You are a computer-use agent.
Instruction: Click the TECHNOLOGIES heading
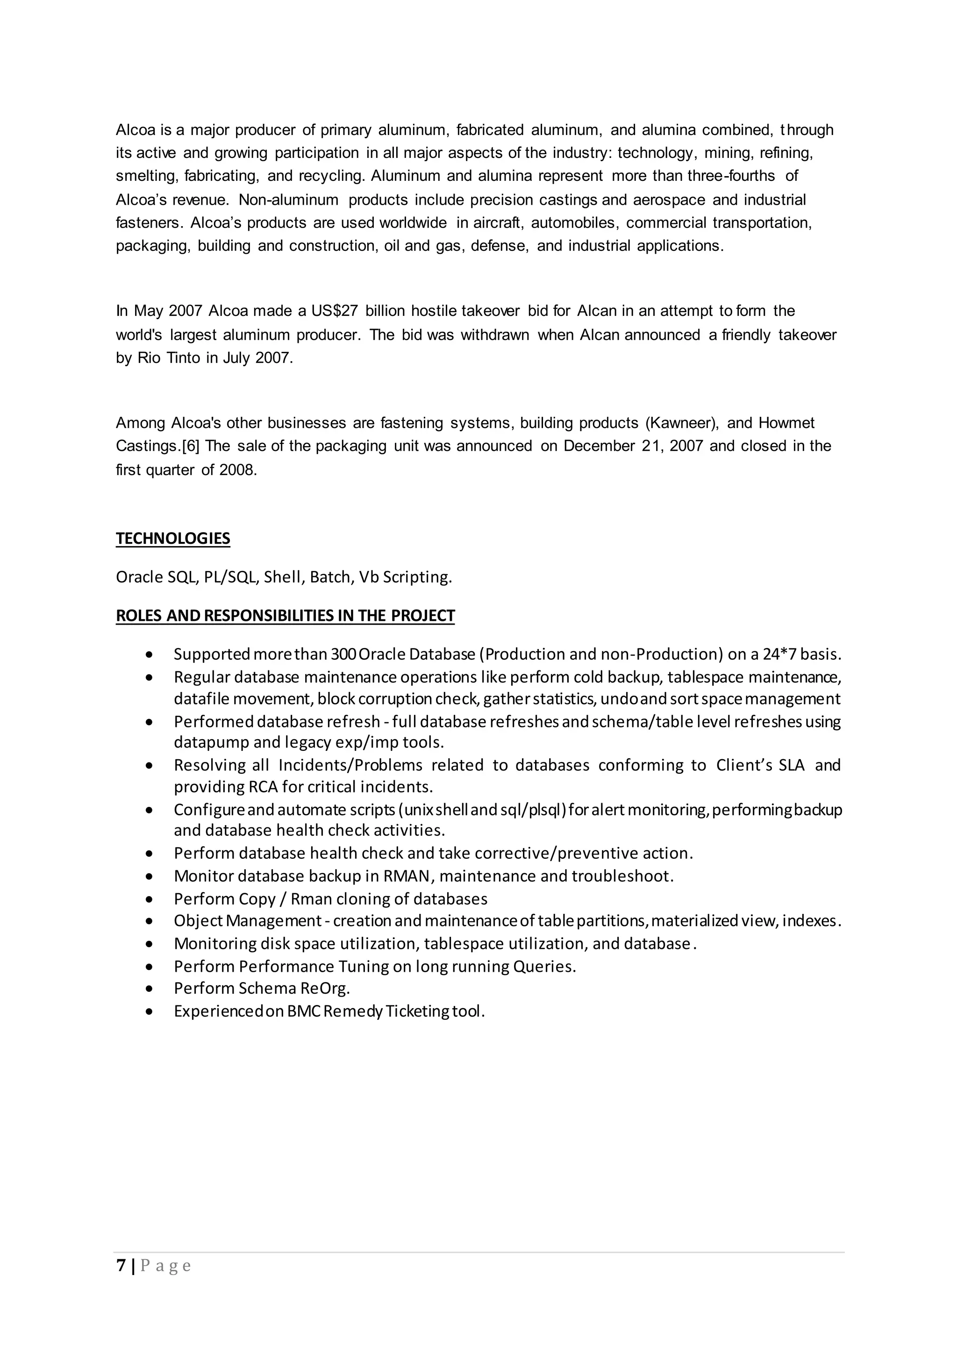(172, 539)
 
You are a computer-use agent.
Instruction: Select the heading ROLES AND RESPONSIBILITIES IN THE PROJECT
(285, 616)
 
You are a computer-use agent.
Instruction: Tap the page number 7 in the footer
(121, 1266)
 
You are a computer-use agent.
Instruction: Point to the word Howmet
(786, 423)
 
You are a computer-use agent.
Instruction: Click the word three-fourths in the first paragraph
(731, 176)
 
